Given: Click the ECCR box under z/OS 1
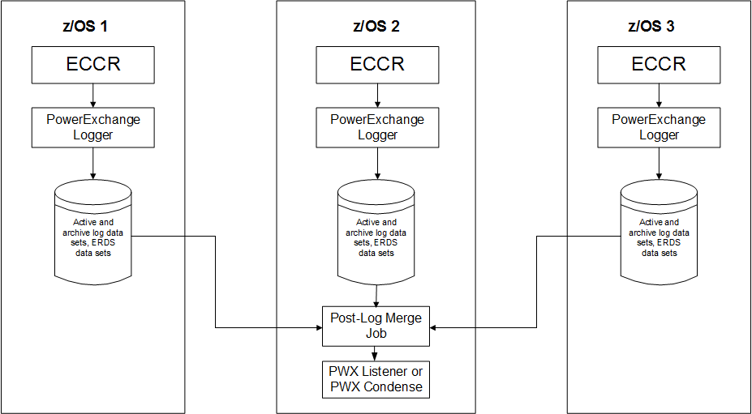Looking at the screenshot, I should point(92,65).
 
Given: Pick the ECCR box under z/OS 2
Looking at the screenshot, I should point(376,65).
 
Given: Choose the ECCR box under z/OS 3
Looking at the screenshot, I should point(659,65).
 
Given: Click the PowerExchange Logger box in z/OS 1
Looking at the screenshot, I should point(92,127).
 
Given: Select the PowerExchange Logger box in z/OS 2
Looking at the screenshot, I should point(376,127).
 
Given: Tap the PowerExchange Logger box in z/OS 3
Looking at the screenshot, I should point(659,127).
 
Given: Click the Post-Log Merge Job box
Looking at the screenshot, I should point(376,326).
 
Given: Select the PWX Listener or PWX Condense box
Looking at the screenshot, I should point(376,379).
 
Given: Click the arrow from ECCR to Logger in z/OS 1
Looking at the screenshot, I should point(92,96).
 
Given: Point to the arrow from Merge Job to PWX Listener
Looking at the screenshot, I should point(376,353).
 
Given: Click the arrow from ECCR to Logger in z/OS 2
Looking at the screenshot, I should point(376,96).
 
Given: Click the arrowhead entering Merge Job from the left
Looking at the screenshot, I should point(318,328).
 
